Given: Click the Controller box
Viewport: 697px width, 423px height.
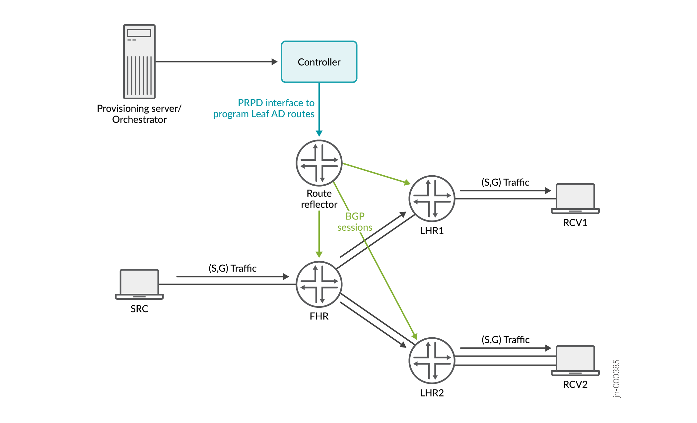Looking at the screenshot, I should (x=319, y=62).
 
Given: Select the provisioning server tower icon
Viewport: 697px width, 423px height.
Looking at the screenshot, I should (x=139, y=61).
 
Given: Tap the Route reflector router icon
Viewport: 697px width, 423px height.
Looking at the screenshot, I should (x=319, y=163).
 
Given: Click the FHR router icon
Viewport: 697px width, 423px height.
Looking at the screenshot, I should (x=319, y=284).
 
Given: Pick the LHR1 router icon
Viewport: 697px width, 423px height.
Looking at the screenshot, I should (x=432, y=198).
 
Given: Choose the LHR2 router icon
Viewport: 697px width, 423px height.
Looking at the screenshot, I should (x=432, y=360).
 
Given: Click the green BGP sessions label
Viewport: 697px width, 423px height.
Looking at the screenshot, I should (x=355, y=222).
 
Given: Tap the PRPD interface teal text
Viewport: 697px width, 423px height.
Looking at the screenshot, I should (x=264, y=108).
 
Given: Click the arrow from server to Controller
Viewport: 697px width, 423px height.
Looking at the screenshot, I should (x=216, y=62).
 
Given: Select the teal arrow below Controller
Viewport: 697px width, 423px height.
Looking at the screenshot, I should (x=319, y=110).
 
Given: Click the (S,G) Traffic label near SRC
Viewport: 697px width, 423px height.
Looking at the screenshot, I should (x=232, y=268).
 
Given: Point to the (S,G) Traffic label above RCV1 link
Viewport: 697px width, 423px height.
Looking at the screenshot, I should (x=505, y=182).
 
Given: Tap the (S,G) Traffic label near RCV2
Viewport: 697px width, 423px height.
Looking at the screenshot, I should (x=505, y=340).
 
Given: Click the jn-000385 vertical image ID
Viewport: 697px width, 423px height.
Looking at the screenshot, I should (x=616, y=379).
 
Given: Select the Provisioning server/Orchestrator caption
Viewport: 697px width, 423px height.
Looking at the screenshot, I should (x=139, y=114).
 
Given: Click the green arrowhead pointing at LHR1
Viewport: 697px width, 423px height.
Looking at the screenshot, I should (x=407, y=182).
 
